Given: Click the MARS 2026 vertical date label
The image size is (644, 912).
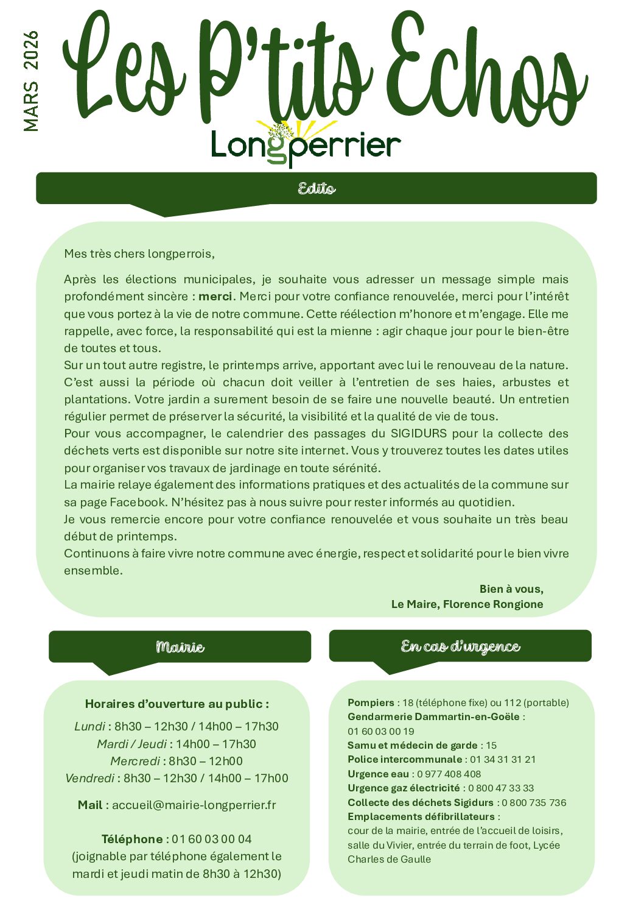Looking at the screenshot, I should coord(30,81).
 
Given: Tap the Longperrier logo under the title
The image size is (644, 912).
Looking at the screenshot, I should coord(306,146).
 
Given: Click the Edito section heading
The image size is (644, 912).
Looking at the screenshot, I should coord(317,188).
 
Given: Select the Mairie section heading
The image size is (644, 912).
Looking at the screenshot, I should coord(180,646).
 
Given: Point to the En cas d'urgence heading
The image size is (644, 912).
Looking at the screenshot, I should coord(460,646).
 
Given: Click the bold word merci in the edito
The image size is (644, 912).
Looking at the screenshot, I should coord(215,297).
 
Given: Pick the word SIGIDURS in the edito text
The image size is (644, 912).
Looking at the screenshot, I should coord(419,434).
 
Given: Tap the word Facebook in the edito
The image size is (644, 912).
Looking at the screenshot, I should coord(138,503).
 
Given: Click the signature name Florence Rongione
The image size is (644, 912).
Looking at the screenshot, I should coord(493,604).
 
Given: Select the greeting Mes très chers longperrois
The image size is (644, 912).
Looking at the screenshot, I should coord(139,253).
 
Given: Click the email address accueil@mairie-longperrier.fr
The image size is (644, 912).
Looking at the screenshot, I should coord(194,805).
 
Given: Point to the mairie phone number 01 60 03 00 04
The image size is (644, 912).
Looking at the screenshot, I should coord(212,839).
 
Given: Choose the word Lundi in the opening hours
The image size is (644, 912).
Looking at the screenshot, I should coord(89,726).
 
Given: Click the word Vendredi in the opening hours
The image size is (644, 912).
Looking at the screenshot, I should coord(89,778).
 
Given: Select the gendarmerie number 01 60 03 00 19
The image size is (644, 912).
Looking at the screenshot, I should coord(381,731).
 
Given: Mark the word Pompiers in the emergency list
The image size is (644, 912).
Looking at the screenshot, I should coord(371,702).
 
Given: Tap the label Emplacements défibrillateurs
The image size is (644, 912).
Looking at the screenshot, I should coord(421,816).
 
